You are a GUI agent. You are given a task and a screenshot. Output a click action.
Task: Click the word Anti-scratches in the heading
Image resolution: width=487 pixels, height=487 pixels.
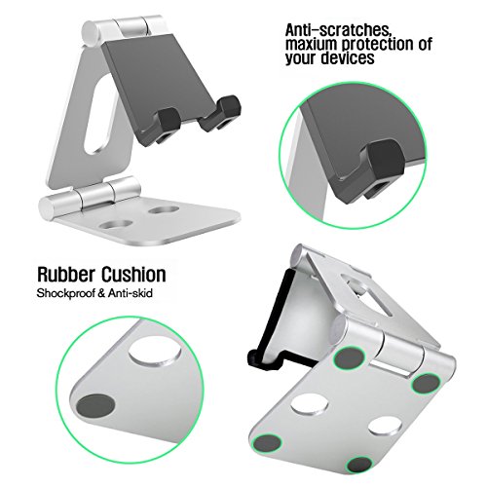[338, 30]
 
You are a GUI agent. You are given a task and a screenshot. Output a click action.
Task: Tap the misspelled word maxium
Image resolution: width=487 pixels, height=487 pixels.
[312, 45]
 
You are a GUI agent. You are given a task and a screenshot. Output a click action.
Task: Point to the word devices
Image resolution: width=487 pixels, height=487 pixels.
[348, 58]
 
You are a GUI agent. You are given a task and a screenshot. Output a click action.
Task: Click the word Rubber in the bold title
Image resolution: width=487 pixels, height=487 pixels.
[67, 275]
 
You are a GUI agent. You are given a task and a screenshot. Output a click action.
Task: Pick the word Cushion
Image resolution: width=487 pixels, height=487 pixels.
[133, 275]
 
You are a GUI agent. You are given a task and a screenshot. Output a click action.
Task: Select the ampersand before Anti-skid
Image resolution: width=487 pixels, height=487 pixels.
[102, 293]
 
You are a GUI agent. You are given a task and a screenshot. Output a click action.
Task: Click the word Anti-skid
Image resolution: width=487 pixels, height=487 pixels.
[131, 293]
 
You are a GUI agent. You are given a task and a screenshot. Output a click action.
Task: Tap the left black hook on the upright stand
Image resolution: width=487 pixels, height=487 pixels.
[169, 124]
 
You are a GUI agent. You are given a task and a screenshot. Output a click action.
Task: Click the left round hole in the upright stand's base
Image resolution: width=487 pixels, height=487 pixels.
[117, 225]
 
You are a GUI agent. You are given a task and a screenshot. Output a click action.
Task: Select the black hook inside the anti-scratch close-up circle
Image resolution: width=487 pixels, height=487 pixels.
[384, 167]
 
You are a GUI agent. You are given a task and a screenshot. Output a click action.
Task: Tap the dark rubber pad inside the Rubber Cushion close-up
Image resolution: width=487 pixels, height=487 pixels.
[95, 404]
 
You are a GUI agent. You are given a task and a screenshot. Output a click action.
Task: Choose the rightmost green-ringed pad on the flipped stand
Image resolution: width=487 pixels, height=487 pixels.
[427, 384]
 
